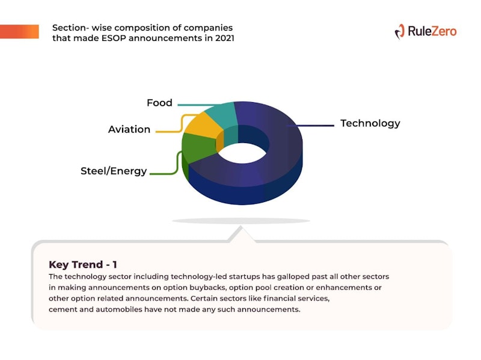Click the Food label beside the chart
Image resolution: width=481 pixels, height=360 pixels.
[x=159, y=103]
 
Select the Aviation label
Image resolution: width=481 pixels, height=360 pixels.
[x=129, y=129]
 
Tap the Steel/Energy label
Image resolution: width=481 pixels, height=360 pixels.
[x=114, y=171]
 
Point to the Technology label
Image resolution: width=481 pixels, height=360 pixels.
[x=370, y=123]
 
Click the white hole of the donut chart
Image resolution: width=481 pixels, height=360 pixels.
[x=242, y=153]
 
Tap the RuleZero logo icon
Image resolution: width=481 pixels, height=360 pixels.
[x=400, y=32]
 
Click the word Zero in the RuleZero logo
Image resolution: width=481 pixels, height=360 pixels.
[x=444, y=31]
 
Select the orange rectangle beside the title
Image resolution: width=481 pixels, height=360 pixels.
[x=19, y=32]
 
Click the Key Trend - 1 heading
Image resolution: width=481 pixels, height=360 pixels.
[x=83, y=264]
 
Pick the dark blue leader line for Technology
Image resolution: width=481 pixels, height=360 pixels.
[x=310, y=126]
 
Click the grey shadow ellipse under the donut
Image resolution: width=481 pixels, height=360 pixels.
[x=241, y=221]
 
